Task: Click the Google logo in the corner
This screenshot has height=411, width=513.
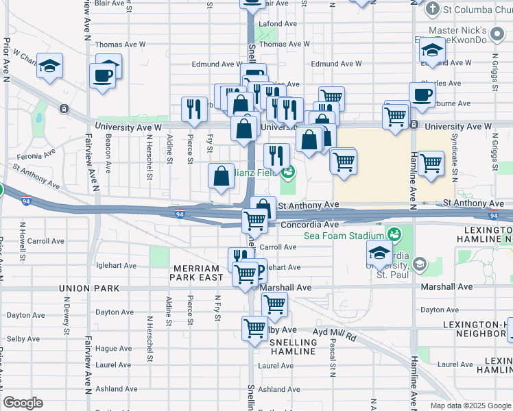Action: tap(23, 403)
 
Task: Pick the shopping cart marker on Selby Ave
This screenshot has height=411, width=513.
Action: tap(254, 329)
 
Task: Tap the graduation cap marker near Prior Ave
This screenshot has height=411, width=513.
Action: tap(49, 66)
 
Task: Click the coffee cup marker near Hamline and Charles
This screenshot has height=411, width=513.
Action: tap(422, 95)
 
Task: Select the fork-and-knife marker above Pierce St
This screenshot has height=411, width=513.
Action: tap(194, 108)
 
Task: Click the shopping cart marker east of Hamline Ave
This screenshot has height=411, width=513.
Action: tap(430, 164)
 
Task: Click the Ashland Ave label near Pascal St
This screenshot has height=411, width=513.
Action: tap(279, 389)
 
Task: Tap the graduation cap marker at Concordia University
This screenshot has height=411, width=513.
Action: tap(379, 253)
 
